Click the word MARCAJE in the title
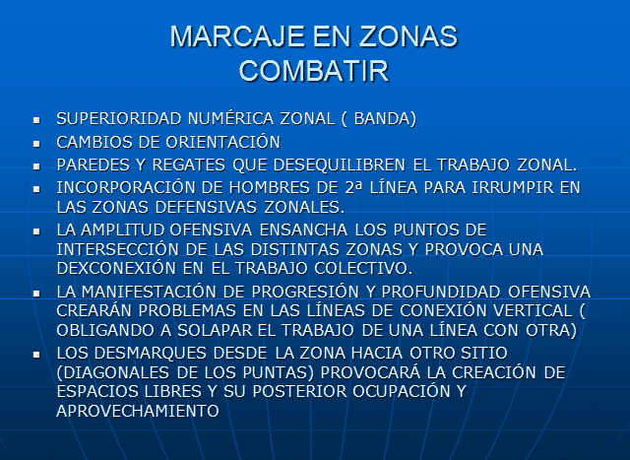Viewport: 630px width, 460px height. click(x=237, y=36)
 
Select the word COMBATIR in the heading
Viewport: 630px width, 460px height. click(x=314, y=71)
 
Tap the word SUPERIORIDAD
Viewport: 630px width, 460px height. click(x=119, y=118)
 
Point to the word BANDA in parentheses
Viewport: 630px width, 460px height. click(x=383, y=118)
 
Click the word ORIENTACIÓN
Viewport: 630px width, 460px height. click(x=223, y=142)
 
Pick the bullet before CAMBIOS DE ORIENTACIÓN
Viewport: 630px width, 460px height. click(x=36, y=144)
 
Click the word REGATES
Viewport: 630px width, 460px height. click(x=188, y=164)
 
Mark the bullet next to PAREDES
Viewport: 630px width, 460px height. click(x=36, y=166)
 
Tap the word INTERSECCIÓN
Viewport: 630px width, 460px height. click(x=118, y=249)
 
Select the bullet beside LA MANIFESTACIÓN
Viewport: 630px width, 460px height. click(x=36, y=294)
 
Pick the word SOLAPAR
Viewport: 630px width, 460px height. click(x=215, y=330)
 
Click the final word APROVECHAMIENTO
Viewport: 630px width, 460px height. click(x=138, y=411)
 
